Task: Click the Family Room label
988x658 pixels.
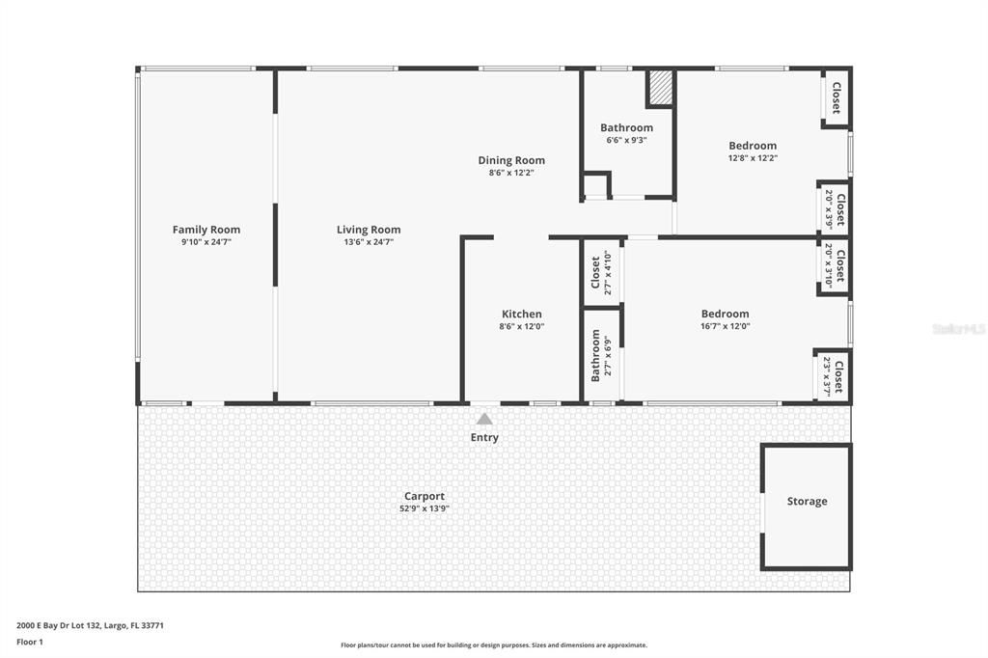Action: click(x=206, y=230)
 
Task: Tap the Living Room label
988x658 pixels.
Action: click(x=369, y=230)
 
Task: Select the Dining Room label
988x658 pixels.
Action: click(x=511, y=160)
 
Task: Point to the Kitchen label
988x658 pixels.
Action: click(x=522, y=314)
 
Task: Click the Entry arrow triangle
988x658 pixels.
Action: click(x=484, y=419)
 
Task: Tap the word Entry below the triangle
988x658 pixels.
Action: click(x=484, y=438)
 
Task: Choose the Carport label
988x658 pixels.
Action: click(x=425, y=496)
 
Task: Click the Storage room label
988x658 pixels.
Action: click(x=807, y=502)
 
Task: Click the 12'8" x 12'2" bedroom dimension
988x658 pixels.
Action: click(x=753, y=158)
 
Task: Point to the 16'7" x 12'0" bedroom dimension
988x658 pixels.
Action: click(x=725, y=326)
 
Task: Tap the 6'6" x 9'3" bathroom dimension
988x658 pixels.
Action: click(x=626, y=140)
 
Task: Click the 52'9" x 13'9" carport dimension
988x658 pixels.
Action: click(x=425, y=508)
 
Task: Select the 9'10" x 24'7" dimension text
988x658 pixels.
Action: click(x=206, y=242)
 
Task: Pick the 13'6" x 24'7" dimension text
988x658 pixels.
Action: click(x=369, y=242)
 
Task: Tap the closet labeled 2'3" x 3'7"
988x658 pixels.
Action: click(x=833, y=376)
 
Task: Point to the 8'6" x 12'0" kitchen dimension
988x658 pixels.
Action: click(x=522, y=326)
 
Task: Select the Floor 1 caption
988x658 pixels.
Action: click(x=30, y=642)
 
